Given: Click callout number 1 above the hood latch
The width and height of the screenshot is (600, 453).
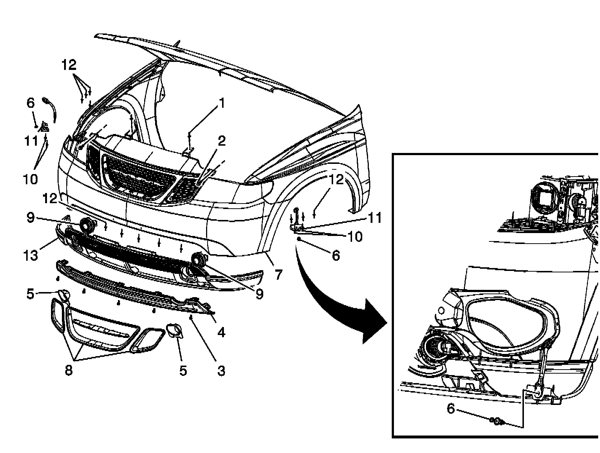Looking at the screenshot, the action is click(222, 104).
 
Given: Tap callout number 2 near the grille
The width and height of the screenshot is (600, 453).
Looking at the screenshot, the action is click(221, 141).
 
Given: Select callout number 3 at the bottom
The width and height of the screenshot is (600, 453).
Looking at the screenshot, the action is click(221, 371).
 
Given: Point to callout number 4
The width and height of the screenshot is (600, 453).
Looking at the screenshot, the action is click(221, 332).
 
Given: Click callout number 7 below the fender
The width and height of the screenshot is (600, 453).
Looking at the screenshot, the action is click(278, 274).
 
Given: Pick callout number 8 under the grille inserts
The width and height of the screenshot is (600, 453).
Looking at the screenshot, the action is click(68, 371).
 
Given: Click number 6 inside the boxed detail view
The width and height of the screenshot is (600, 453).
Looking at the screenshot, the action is click(451, 409).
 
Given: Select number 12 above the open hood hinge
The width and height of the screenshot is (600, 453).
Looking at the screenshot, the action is click(68, 65).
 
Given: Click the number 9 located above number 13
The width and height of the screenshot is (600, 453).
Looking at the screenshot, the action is click(31, 218).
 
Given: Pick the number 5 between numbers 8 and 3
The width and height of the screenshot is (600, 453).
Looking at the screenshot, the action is click(183, 371).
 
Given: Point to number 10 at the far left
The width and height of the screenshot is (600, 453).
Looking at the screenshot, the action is click(30, 179).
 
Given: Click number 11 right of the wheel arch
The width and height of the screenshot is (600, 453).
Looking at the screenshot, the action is click(375, 218).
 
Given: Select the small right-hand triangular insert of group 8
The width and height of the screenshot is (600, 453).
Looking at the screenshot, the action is click(147, 339).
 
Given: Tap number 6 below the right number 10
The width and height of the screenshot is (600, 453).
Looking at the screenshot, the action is click(336, 256).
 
